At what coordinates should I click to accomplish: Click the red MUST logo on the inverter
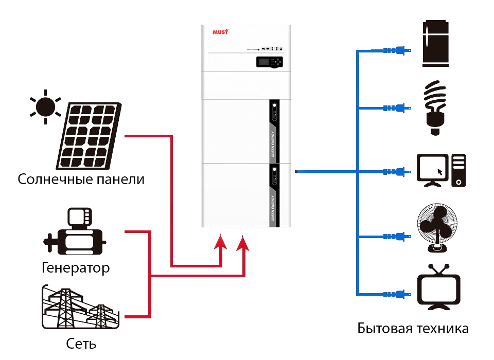click(220, 32)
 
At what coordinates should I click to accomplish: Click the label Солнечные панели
click(81, 180)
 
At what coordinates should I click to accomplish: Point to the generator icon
click(75, 233)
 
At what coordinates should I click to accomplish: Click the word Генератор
click(76, 268)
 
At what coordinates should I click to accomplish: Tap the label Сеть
click(81, 344)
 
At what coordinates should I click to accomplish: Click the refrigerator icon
click(436, 44)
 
